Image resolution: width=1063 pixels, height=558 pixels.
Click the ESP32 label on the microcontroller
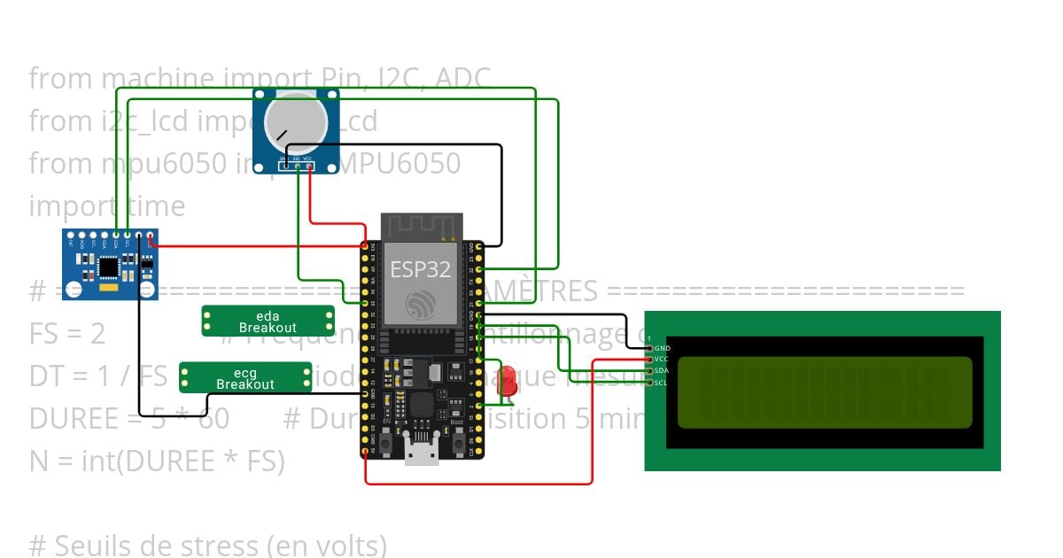coord(421,268)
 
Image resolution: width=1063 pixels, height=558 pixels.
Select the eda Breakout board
coord(268,322)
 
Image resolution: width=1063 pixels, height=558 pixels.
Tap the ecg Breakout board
coord(245,378)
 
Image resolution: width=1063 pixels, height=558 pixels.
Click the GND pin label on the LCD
coord(662,348)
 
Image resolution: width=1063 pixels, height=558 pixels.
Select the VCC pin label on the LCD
coord(662,360)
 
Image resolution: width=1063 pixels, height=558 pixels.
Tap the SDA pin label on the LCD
coord(662,371)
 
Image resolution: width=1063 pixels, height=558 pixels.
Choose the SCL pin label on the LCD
coord(662,383)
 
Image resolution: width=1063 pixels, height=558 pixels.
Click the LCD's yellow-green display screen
coord(824,391)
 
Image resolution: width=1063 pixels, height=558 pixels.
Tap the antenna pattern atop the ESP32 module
coord(421,227)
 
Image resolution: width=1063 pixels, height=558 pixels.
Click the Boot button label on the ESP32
coord(457,423)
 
